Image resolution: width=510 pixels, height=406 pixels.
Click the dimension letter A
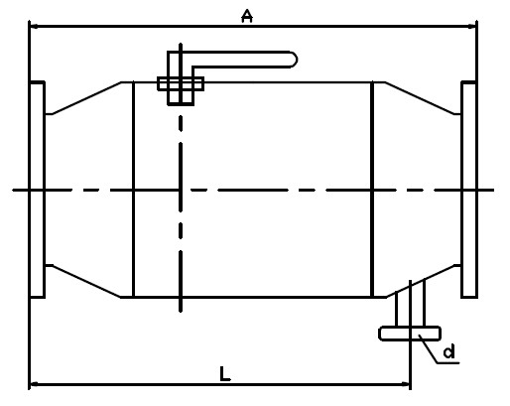[x=247, y=16]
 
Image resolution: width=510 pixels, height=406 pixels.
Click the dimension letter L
[x=225, y=373]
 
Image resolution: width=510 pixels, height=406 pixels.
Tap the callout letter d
[x=449, y=351]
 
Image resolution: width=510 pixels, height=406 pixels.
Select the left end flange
[x=37, y=190]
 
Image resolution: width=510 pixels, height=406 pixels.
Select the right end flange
[x=469, y=190]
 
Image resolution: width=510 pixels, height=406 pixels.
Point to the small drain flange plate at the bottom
[x=410, y=334]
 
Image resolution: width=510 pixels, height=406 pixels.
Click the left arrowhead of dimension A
[x=34, y=26]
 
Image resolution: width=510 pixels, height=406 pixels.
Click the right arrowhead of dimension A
[x=471, y=26]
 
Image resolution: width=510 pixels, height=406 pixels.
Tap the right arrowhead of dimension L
[x=406, y=384]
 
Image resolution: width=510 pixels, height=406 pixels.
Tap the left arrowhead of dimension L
[x=35, y=384]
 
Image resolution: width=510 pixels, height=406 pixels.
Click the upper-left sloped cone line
[x=87, y=98]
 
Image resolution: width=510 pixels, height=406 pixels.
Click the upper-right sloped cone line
[x=420, y=98]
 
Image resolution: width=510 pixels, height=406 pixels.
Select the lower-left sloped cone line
[x=87, y=281]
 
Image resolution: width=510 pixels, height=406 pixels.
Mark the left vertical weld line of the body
[x=133, y=190]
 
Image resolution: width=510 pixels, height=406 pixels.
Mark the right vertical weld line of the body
[x=372, y=190]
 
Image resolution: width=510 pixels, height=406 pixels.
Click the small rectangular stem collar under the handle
[x=181, y=83]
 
